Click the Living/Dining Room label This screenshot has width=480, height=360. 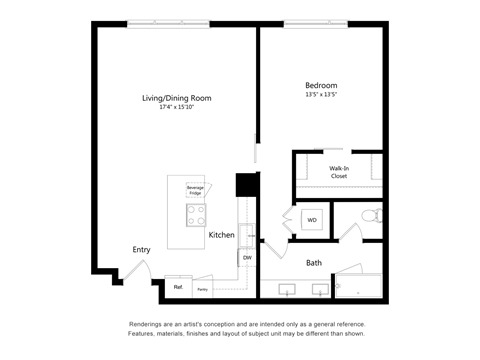pos(176,98)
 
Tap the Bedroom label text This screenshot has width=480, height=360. pos(321,86)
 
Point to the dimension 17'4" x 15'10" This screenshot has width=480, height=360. pos(176,108)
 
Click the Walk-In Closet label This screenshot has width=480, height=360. pos(339,171)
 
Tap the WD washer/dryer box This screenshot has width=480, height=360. pos(311,220)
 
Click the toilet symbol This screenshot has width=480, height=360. pos(371,215)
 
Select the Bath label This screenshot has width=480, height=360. pos(314,263)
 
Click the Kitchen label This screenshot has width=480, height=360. pos(221,235)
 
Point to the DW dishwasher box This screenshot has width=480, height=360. pos(246,257)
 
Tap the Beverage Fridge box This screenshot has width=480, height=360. pos(194,190)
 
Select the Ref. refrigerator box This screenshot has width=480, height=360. pos(178,287)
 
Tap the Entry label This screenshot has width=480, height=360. pos(142,250)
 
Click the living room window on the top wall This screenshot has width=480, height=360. pos(168,24)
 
